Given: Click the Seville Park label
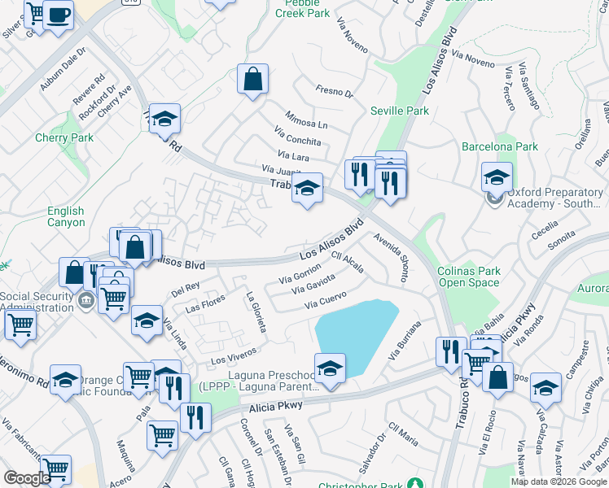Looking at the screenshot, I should click(399, 111).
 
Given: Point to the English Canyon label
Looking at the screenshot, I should click(66, 216).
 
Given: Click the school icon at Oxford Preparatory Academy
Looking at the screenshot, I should click(497, 176).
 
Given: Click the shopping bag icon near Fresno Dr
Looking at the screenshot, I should click(253, 80).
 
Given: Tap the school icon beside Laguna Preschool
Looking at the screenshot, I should click(330, 368).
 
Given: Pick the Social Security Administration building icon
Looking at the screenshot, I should click(85, 300).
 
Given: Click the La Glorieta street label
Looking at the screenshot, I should click(256, 312).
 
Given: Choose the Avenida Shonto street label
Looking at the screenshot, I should click(392, 259).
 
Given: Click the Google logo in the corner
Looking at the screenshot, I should click(26, 478).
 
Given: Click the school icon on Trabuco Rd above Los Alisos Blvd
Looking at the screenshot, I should click(306, 190).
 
